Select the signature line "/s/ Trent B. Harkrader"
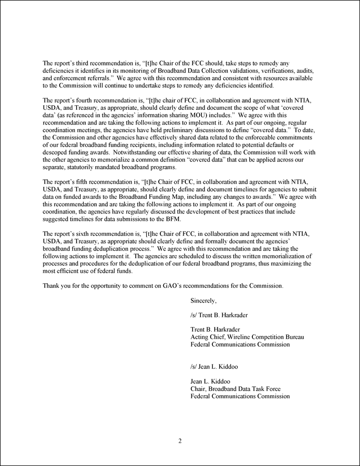218,315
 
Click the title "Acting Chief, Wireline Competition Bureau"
247,337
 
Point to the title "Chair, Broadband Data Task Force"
237,388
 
